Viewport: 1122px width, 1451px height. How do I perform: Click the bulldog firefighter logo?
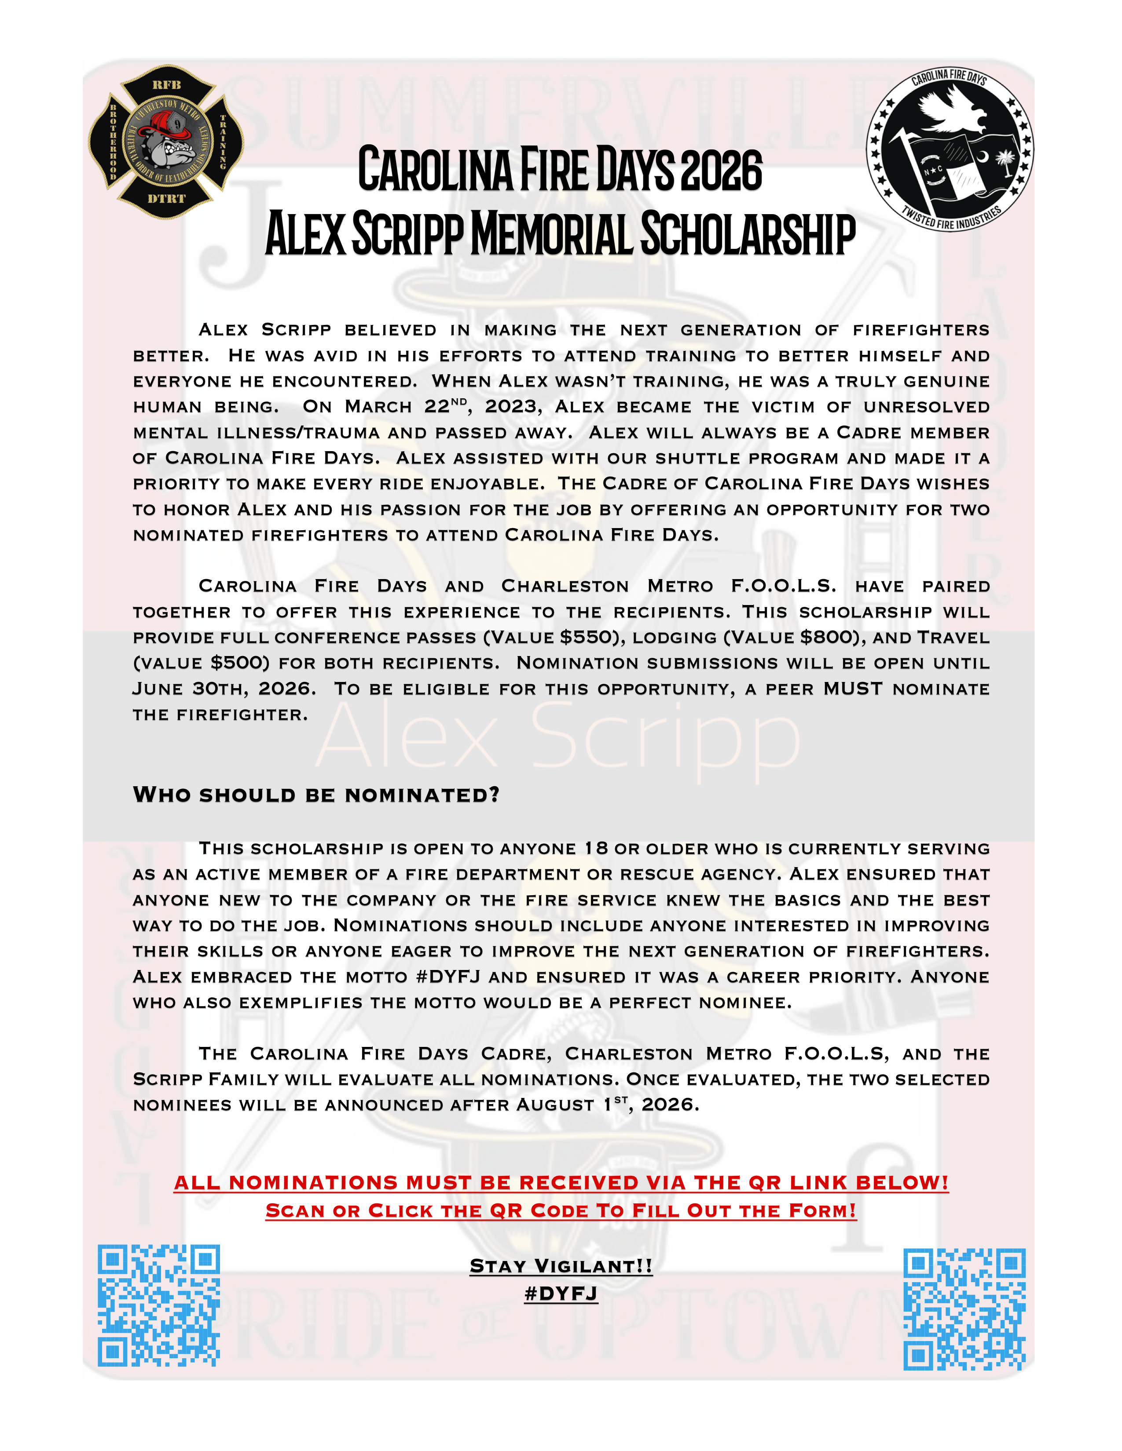tap(166, 142)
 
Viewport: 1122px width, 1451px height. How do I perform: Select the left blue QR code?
tap(158, 1305)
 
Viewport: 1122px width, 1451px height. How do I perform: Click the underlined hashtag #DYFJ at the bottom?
tap(561, 1293)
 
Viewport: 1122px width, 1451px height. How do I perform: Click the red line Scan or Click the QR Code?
tap(561, 1210)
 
